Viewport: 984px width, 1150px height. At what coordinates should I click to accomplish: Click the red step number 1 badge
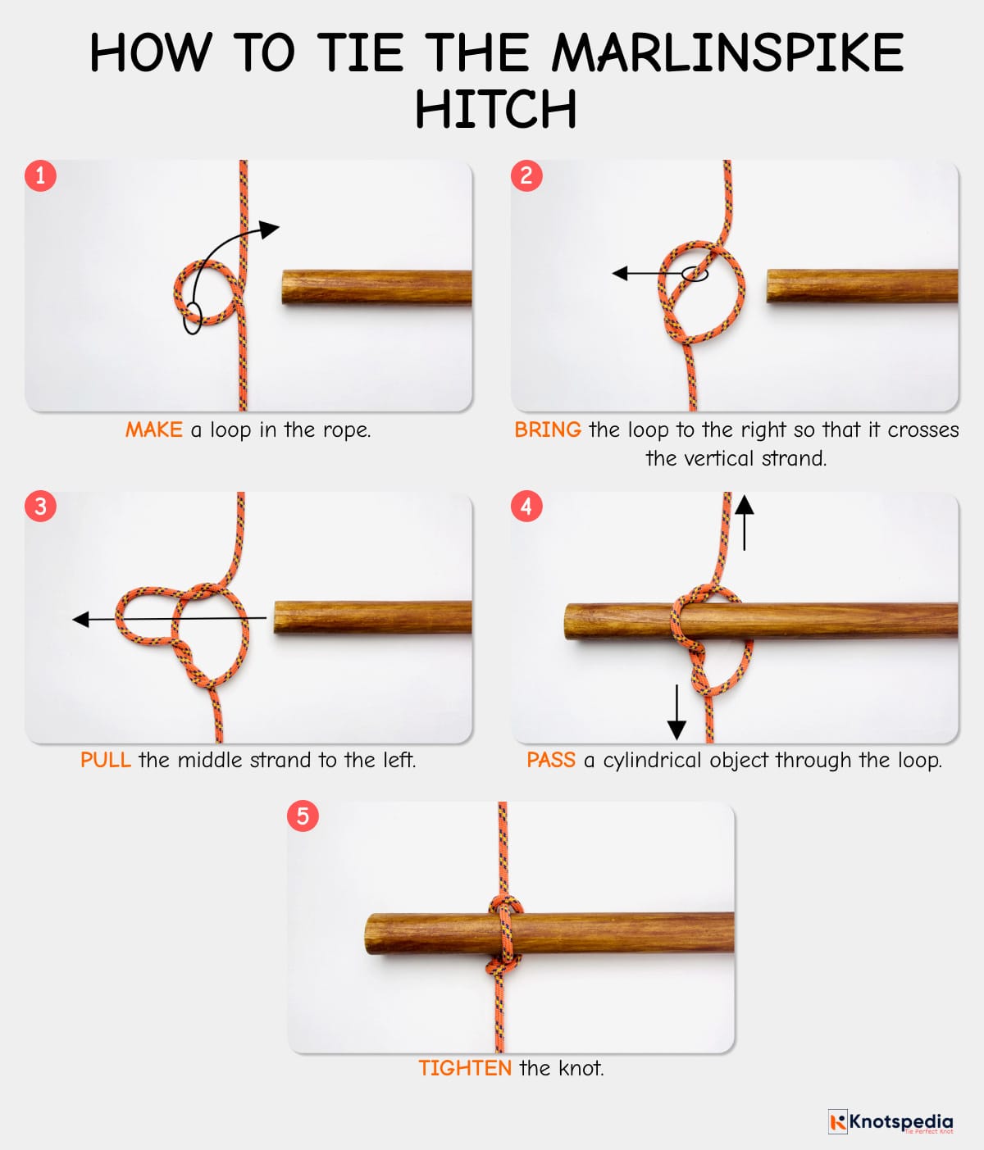coord(40,175)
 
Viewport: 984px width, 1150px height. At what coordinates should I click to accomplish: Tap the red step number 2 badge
coord(526,175)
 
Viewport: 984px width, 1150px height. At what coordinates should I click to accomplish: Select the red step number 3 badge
coord(40,506)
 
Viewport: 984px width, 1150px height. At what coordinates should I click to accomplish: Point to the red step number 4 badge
coord(526,506)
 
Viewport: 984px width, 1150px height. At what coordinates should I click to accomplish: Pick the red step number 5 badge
coord(303,816)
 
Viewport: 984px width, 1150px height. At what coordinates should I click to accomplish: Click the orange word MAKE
coord(153,430)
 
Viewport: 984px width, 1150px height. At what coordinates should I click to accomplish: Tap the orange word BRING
coord(547,430)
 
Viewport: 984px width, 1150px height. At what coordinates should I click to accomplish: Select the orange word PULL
coord(105,760)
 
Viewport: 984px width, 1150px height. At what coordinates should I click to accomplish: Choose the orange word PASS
coord(550,760)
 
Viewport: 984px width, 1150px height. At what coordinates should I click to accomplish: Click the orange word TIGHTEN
coord(464,1068)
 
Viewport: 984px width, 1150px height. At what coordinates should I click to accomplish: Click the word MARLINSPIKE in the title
coord(727,53)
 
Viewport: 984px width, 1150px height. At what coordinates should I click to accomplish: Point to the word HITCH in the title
coord(495,109)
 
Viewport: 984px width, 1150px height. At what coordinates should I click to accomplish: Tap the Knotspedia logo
coord(891,1121)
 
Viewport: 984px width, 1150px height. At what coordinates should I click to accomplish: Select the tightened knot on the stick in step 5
coord(505,934)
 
